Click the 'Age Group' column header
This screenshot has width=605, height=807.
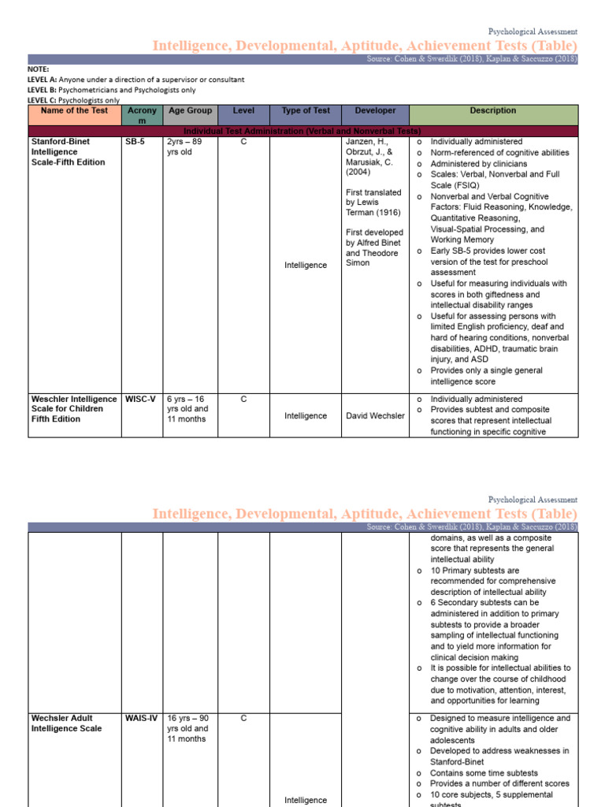[189, 111]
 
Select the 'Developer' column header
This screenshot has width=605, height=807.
[375, 111]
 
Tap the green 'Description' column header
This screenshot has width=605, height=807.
[492, 111]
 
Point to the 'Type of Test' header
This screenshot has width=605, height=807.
[306, 111]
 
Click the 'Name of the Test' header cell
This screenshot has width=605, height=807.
[73, 111]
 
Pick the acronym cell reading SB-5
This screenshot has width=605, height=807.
[135, 142]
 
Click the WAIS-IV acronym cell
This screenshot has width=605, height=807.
[141, 719]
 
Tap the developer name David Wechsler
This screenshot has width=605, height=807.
[375, 416]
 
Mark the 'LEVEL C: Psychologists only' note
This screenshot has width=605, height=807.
[74, 100]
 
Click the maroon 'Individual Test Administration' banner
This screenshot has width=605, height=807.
[302, 131]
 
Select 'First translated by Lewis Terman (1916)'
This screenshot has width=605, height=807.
[374, 203]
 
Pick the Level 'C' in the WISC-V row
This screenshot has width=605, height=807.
[243, 400]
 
